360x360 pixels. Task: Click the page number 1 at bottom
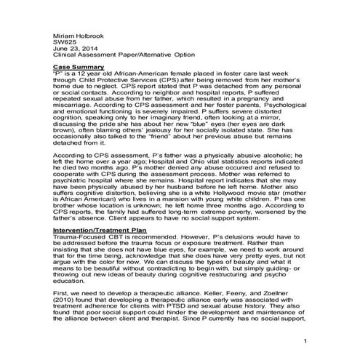pyautogui.click(x=307, y=340)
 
